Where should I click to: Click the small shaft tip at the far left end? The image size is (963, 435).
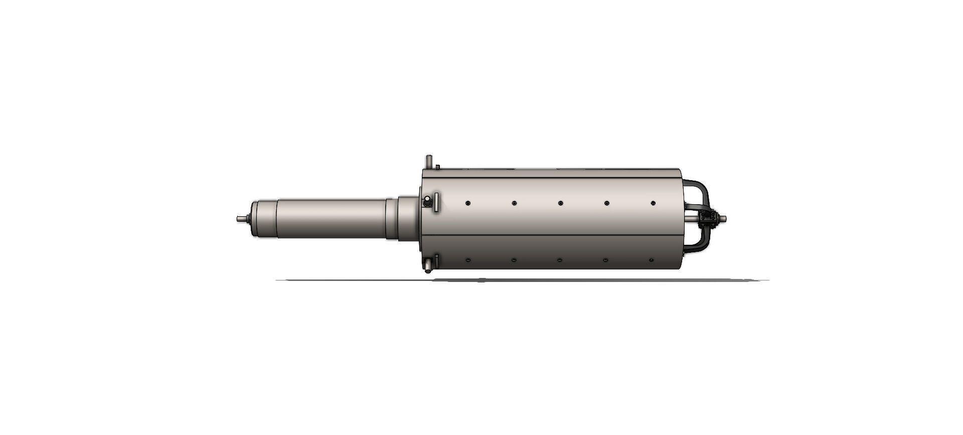[x=240, y=219]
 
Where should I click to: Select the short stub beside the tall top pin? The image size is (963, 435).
[x=437, y=167]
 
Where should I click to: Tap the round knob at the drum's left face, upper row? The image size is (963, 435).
[x=427, y=202]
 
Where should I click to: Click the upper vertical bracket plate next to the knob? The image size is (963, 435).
[x=436, y=202]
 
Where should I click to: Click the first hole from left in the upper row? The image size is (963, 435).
[x=467, y=203]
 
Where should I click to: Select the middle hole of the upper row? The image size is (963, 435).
[x=560, y=203]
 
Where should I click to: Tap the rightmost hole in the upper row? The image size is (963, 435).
[x=653, y=203]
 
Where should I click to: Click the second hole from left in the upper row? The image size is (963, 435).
[x=514, y=203]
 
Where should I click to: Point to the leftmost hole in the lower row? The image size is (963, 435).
[x=467, y=260]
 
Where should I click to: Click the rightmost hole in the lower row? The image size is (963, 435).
[x=651, y=260]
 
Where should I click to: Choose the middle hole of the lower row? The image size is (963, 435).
[x=560, y=260]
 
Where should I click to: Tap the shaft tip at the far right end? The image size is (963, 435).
[x=724, y=218]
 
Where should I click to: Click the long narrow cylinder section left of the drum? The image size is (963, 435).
[x=331, y=219]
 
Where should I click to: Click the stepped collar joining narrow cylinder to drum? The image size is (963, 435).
[x=406, y=219]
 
